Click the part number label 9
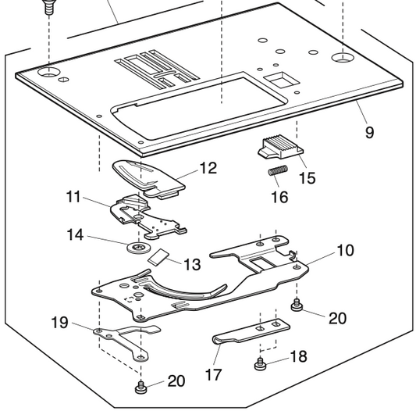point(369,132)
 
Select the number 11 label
point(73,197)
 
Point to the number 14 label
point(75,234)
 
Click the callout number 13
point(191,265)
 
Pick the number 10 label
point(344,250)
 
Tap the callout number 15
point(307,178)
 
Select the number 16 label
point(279,196)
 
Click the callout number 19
point(60,322)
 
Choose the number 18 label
point(298,356)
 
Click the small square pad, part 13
point(161,256)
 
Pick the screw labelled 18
point(260,363)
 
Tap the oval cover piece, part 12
point(150,176)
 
